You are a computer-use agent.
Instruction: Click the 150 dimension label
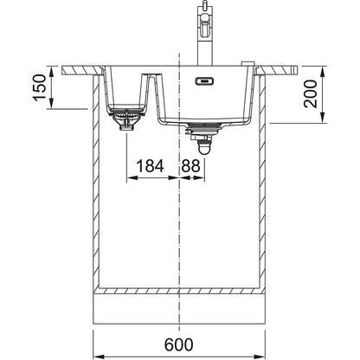click(x=40, y=87)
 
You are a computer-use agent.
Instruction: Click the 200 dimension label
click(x=311, y=94)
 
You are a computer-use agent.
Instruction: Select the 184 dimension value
click(x=150, y=166)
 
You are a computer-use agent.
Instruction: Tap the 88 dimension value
click(x=190, y=166)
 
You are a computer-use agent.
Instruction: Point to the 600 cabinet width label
click(x=179, y=344)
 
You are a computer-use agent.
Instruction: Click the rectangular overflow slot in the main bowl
click(x=204, y=81)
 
